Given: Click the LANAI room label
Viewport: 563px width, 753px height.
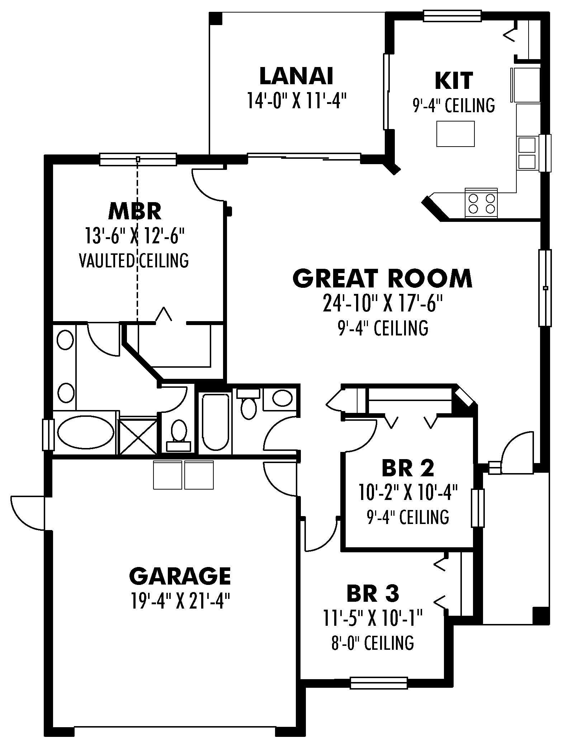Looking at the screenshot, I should [x=296, y=76].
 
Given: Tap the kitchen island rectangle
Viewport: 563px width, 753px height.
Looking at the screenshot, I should [x=455, y=134].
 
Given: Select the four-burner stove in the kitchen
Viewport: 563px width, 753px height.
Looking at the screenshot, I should [x=481, y=204].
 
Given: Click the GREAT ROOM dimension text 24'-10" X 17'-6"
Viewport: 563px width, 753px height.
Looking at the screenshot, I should [x=383, y=303].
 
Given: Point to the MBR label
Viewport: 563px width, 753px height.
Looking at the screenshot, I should [x=135, y=211].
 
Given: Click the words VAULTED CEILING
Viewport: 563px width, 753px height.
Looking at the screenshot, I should [x=133, y=261].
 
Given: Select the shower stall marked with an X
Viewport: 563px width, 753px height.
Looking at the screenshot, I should [x=138, y=436].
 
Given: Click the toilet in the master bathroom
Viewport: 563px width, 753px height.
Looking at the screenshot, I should [x=178, y=433].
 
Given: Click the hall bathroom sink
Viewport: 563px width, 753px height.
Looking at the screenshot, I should [x=282, y=398].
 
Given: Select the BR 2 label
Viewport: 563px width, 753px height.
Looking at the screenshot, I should [x=408, y=468].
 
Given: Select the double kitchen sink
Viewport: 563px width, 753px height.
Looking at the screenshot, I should [x=526, y=153].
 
